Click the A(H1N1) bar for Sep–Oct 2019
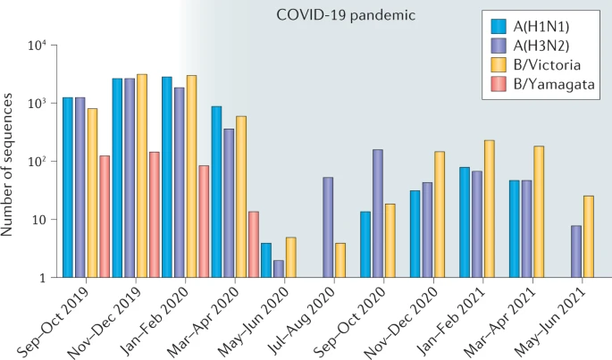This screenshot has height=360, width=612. point(68,188)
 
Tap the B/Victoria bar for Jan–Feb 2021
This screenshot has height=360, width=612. point(489,209)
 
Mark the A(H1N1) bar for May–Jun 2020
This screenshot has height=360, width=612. point(266,260)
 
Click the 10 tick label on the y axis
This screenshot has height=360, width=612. point(42,220)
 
